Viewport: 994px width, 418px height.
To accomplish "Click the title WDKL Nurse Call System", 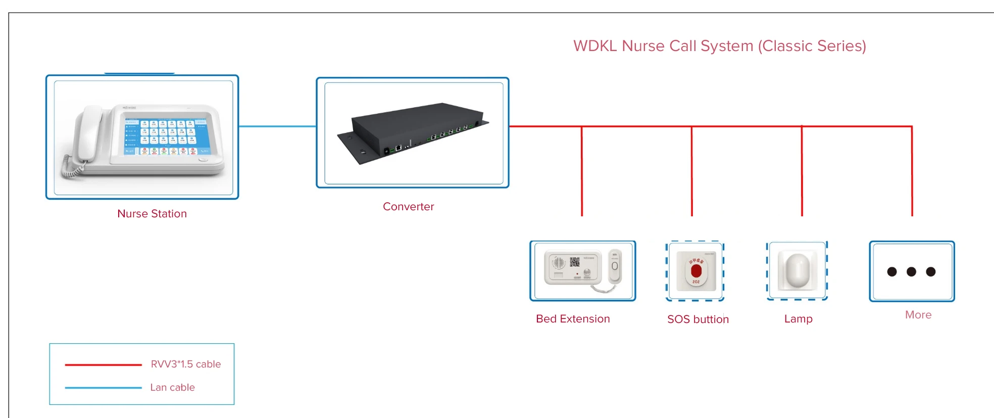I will coord(719,46).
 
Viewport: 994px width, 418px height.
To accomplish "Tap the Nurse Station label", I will coord(152,214).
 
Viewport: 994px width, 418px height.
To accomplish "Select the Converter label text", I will coord(408,207).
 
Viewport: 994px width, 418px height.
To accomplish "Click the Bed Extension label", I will coord(573,319).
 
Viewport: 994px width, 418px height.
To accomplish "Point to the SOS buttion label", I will coord(698,319).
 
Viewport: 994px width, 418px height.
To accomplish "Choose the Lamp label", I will coord(798,319).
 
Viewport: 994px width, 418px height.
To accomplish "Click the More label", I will coord(918,315).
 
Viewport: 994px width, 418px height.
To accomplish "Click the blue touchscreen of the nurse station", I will coord(166,133).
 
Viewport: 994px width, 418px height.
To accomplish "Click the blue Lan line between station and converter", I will coord(277,126).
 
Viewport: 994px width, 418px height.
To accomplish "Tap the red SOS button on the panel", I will coord(696,271).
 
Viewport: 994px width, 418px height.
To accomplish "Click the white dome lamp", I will coord(798,270).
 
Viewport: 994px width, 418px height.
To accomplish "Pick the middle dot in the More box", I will coord(911,272).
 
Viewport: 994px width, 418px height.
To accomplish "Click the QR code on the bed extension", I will coord(575,262).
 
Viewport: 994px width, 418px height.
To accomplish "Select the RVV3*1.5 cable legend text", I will coord(185,364).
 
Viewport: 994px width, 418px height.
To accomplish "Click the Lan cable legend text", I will coord(172,388).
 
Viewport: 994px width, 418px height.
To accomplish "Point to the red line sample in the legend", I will coord(103,364).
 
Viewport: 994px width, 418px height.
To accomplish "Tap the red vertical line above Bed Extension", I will coord(582,172).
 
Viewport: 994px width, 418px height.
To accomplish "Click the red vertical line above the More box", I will coord(912,172).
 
